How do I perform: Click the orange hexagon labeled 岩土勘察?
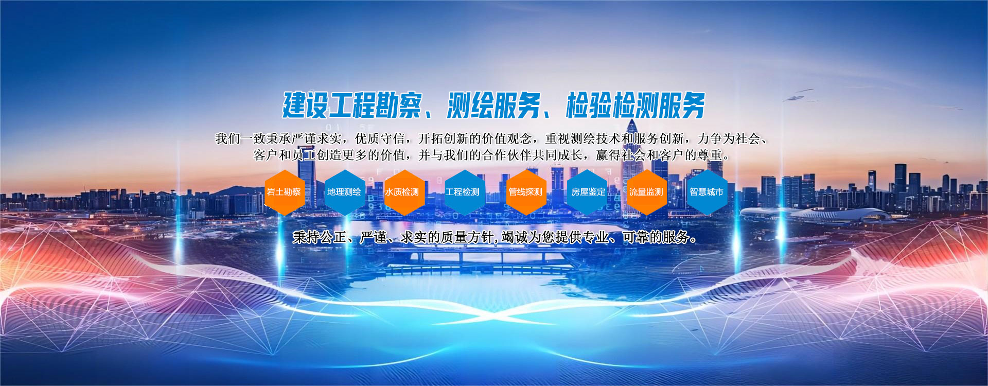click(285, 192)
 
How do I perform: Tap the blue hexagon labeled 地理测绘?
click(345, 192)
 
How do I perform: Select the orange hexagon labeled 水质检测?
click(404, 192)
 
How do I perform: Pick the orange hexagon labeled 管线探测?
click(526, 192)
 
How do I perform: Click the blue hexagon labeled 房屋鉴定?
click(587, 192)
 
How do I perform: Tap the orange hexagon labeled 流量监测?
click(647, 192)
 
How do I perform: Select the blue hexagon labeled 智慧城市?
click(707, 192)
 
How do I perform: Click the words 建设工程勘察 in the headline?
click(352, 106)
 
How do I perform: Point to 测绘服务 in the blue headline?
click(493, 106)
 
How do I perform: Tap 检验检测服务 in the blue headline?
click(636, 106)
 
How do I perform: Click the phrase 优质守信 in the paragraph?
click(380, 138)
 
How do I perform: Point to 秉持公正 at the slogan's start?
click(319, 237)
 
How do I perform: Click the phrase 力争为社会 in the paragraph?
click(729, 138)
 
